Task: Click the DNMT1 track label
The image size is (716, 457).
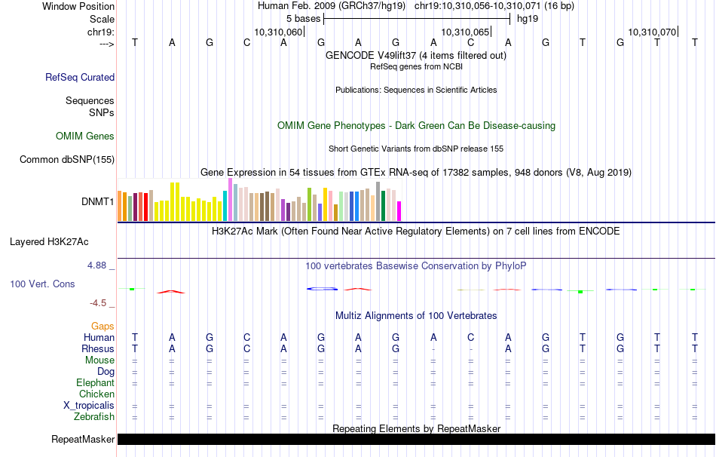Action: coord(97,202)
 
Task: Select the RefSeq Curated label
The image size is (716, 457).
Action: coord(80,77)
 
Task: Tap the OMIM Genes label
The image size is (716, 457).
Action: coord(85,136)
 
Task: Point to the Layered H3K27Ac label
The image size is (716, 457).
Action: coord(49,242)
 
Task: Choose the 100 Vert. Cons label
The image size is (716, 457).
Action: coord(42,284)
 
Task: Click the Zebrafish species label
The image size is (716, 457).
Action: coord(94,416)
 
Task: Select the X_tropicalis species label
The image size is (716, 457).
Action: coord(89,405)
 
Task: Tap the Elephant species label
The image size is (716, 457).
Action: coord(95,383)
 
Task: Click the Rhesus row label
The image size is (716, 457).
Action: coord(98,349)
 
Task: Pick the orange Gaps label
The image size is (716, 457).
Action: coord(103,326)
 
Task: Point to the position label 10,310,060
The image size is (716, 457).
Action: coord(278,32)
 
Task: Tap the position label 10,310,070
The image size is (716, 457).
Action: coord(652,32)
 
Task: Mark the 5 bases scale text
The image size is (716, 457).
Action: coord(303,18)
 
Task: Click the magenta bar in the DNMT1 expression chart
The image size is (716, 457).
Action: coord(399,211)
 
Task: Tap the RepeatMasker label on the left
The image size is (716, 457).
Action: coord(83,439)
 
